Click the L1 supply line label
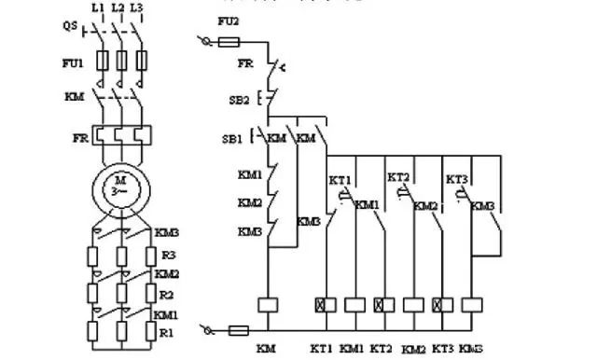[97, 7]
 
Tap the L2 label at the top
[117, 7]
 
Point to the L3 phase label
[137, 7]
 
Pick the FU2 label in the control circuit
[227, 20]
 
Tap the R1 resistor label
[165, 332]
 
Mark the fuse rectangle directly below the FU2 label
[229, 41]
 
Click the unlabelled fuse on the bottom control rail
[238, 329]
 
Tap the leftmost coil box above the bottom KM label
[267, 304]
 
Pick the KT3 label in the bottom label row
[442, 348]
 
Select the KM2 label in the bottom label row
[413, 349]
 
